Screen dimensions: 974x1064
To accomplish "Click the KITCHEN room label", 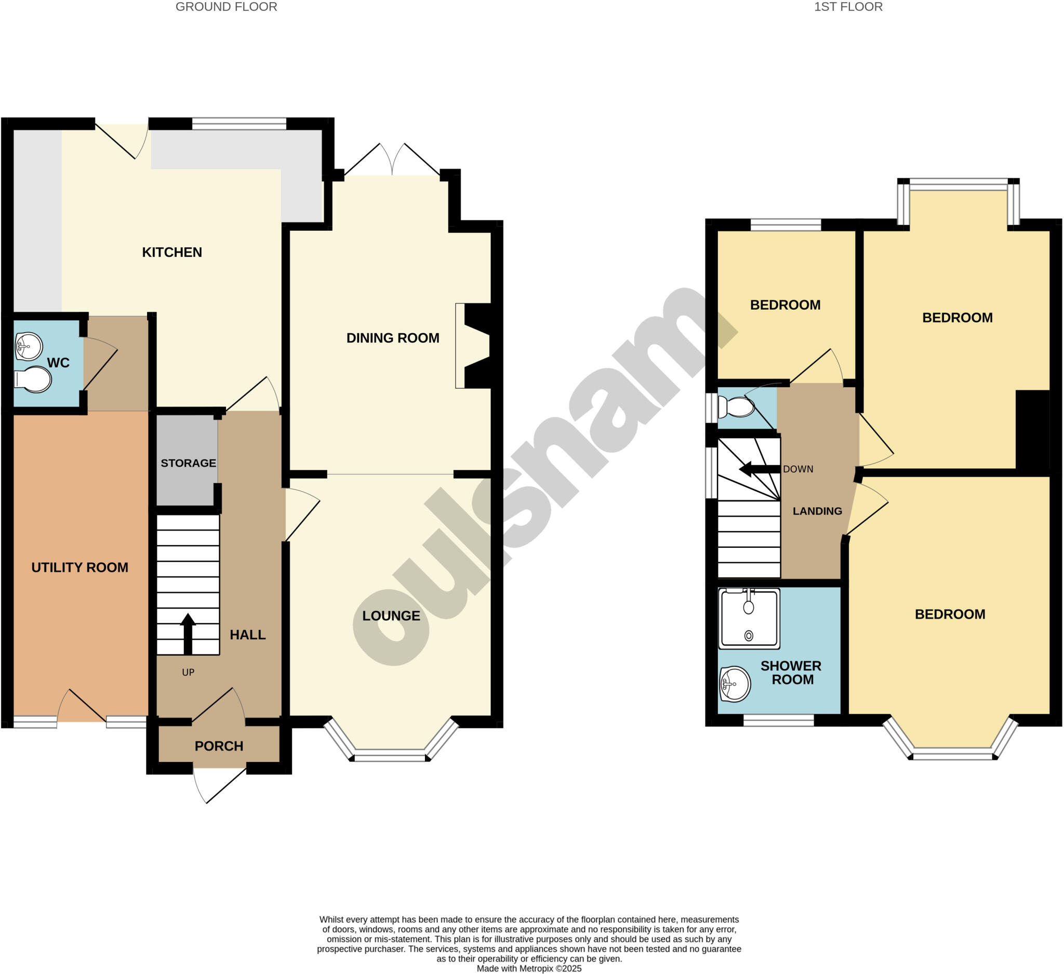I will [x=172, y=253].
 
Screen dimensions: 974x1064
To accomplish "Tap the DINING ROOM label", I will [x=393, y=338].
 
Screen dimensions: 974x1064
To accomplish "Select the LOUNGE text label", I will [x=391, y=615].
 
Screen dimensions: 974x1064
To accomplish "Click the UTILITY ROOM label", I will [x=79, y=568].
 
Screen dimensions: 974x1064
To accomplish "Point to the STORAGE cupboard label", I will [x=189, y=463].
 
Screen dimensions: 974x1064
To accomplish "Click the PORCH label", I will [x=219, y=746].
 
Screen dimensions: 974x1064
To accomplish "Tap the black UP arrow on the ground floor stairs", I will [x=188, y=634].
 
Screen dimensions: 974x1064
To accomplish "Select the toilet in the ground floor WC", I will [x=33, y=379].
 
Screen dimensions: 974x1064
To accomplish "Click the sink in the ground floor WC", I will [x=29, y=346].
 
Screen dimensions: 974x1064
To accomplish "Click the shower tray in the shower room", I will [x=749, y=618].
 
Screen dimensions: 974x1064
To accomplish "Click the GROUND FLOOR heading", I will [x=226, y=7].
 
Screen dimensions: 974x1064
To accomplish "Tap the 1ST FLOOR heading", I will [x=848, y=7].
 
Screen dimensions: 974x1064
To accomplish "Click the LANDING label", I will [x=817, y=511].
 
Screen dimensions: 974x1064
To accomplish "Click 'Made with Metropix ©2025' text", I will [x=529, y=968].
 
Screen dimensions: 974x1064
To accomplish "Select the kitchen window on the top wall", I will [x=239, y=124].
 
